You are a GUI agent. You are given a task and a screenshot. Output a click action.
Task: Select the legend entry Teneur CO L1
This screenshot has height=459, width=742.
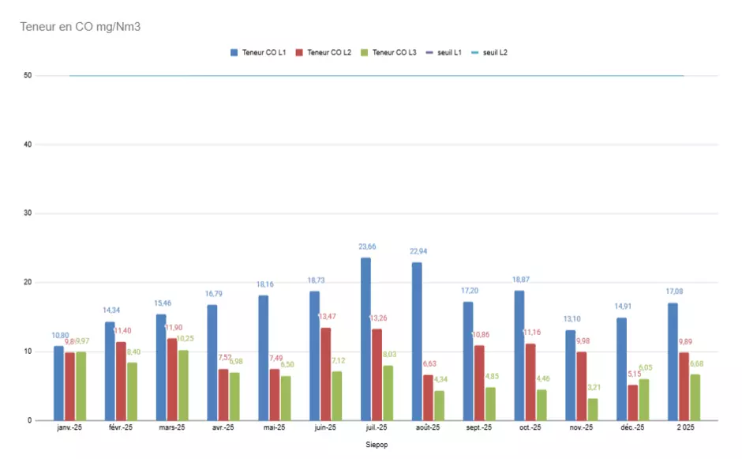pyautogui.click(x=264, y=52)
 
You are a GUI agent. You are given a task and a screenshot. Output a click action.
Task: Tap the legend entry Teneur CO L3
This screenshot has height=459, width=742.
pyautogui.click(x=394, y=52)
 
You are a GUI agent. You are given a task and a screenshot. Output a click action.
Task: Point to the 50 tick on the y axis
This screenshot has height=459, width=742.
pyautogui.click(x=28, y=76)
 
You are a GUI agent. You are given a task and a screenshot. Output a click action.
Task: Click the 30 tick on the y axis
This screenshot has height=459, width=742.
pyautogui.click(x=28, y=213)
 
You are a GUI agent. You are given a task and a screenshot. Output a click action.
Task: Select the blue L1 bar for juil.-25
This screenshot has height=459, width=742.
pyautogui.click(x=365, y=339)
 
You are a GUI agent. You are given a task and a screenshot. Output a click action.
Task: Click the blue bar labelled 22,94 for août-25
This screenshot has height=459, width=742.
pyautogui.click(x=417, y=341)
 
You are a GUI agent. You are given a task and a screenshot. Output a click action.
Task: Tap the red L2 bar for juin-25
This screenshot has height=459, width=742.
pyautogui.click(x=326, y=374)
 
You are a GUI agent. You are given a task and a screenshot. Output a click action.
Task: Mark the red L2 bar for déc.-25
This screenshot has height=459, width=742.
pyautogui.click(x=633, y=402)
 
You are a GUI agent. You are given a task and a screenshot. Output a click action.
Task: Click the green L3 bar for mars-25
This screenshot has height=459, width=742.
pyautogui.click(x=183, y=385)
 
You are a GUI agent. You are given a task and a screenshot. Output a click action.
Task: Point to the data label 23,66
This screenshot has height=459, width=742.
pyautogui.click(x=365, y=247)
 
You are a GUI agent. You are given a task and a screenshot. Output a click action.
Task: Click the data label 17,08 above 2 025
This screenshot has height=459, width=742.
pyautogui.click(x=673, y=292)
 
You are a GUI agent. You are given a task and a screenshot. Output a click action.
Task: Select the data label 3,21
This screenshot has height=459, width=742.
pyautogui.click(x=594, y=388)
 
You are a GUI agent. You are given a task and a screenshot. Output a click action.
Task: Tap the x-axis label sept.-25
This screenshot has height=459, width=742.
pyautogui.click(x=479, y=428)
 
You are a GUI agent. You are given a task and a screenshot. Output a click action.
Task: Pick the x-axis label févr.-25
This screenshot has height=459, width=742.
pyautogui.click(x=121, y=428)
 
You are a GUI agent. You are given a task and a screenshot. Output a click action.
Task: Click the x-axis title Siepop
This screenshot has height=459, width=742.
pyautogui.click(x=377, y=445)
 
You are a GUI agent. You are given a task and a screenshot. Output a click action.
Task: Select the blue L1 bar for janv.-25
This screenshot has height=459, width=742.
pyautogui.click(x=58, y=383)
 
